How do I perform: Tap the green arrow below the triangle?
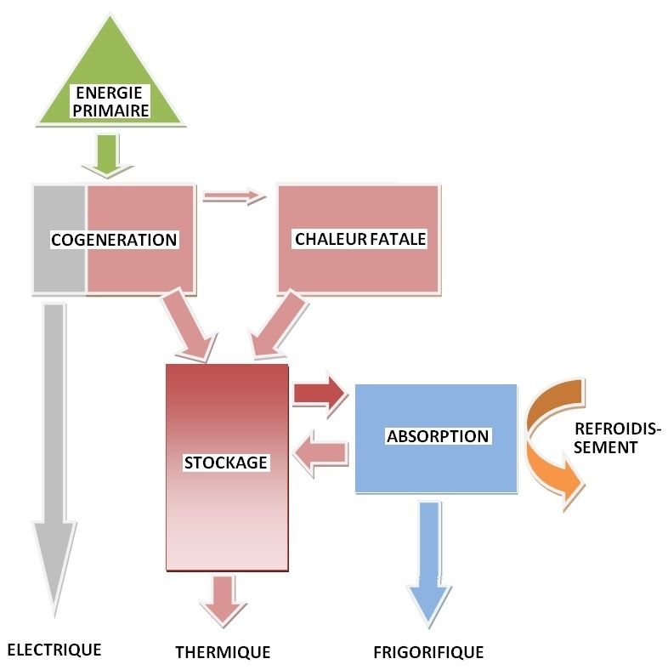(x=108, y=156)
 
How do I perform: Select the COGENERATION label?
(x=114, y=240)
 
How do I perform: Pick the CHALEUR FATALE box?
(x=359, y=239)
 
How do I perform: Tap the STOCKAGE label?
(x=226, y=463)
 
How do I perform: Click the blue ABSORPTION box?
(x=437, y=437)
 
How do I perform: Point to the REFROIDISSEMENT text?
(x=616, y=437)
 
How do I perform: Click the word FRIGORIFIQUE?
(x=428, y=653)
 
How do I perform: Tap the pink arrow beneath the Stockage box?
(x=224, y=599)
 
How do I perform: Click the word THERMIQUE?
(x=223, y=653)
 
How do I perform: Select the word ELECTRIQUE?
(x=54, y=650)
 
